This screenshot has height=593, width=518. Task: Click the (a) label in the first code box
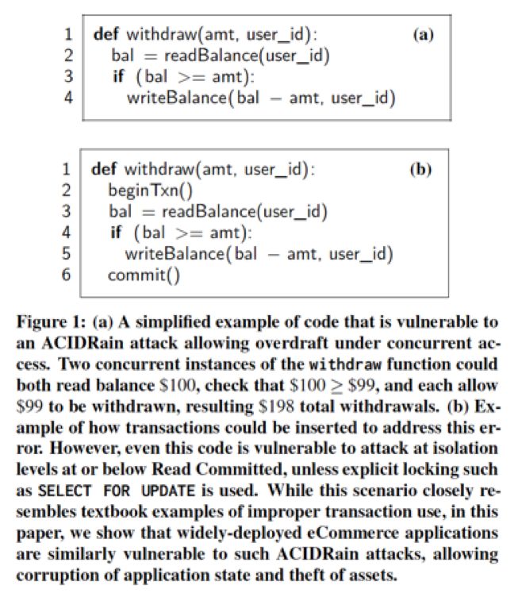click(421, 35)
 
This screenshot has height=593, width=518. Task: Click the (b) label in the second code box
click(420, 169)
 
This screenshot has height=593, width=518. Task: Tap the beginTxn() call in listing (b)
click(151, 191)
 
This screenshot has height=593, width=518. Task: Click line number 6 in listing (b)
click(67, 275)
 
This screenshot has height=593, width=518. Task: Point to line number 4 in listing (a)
click(68, 98)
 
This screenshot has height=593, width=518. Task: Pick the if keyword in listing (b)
click(118, 233)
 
